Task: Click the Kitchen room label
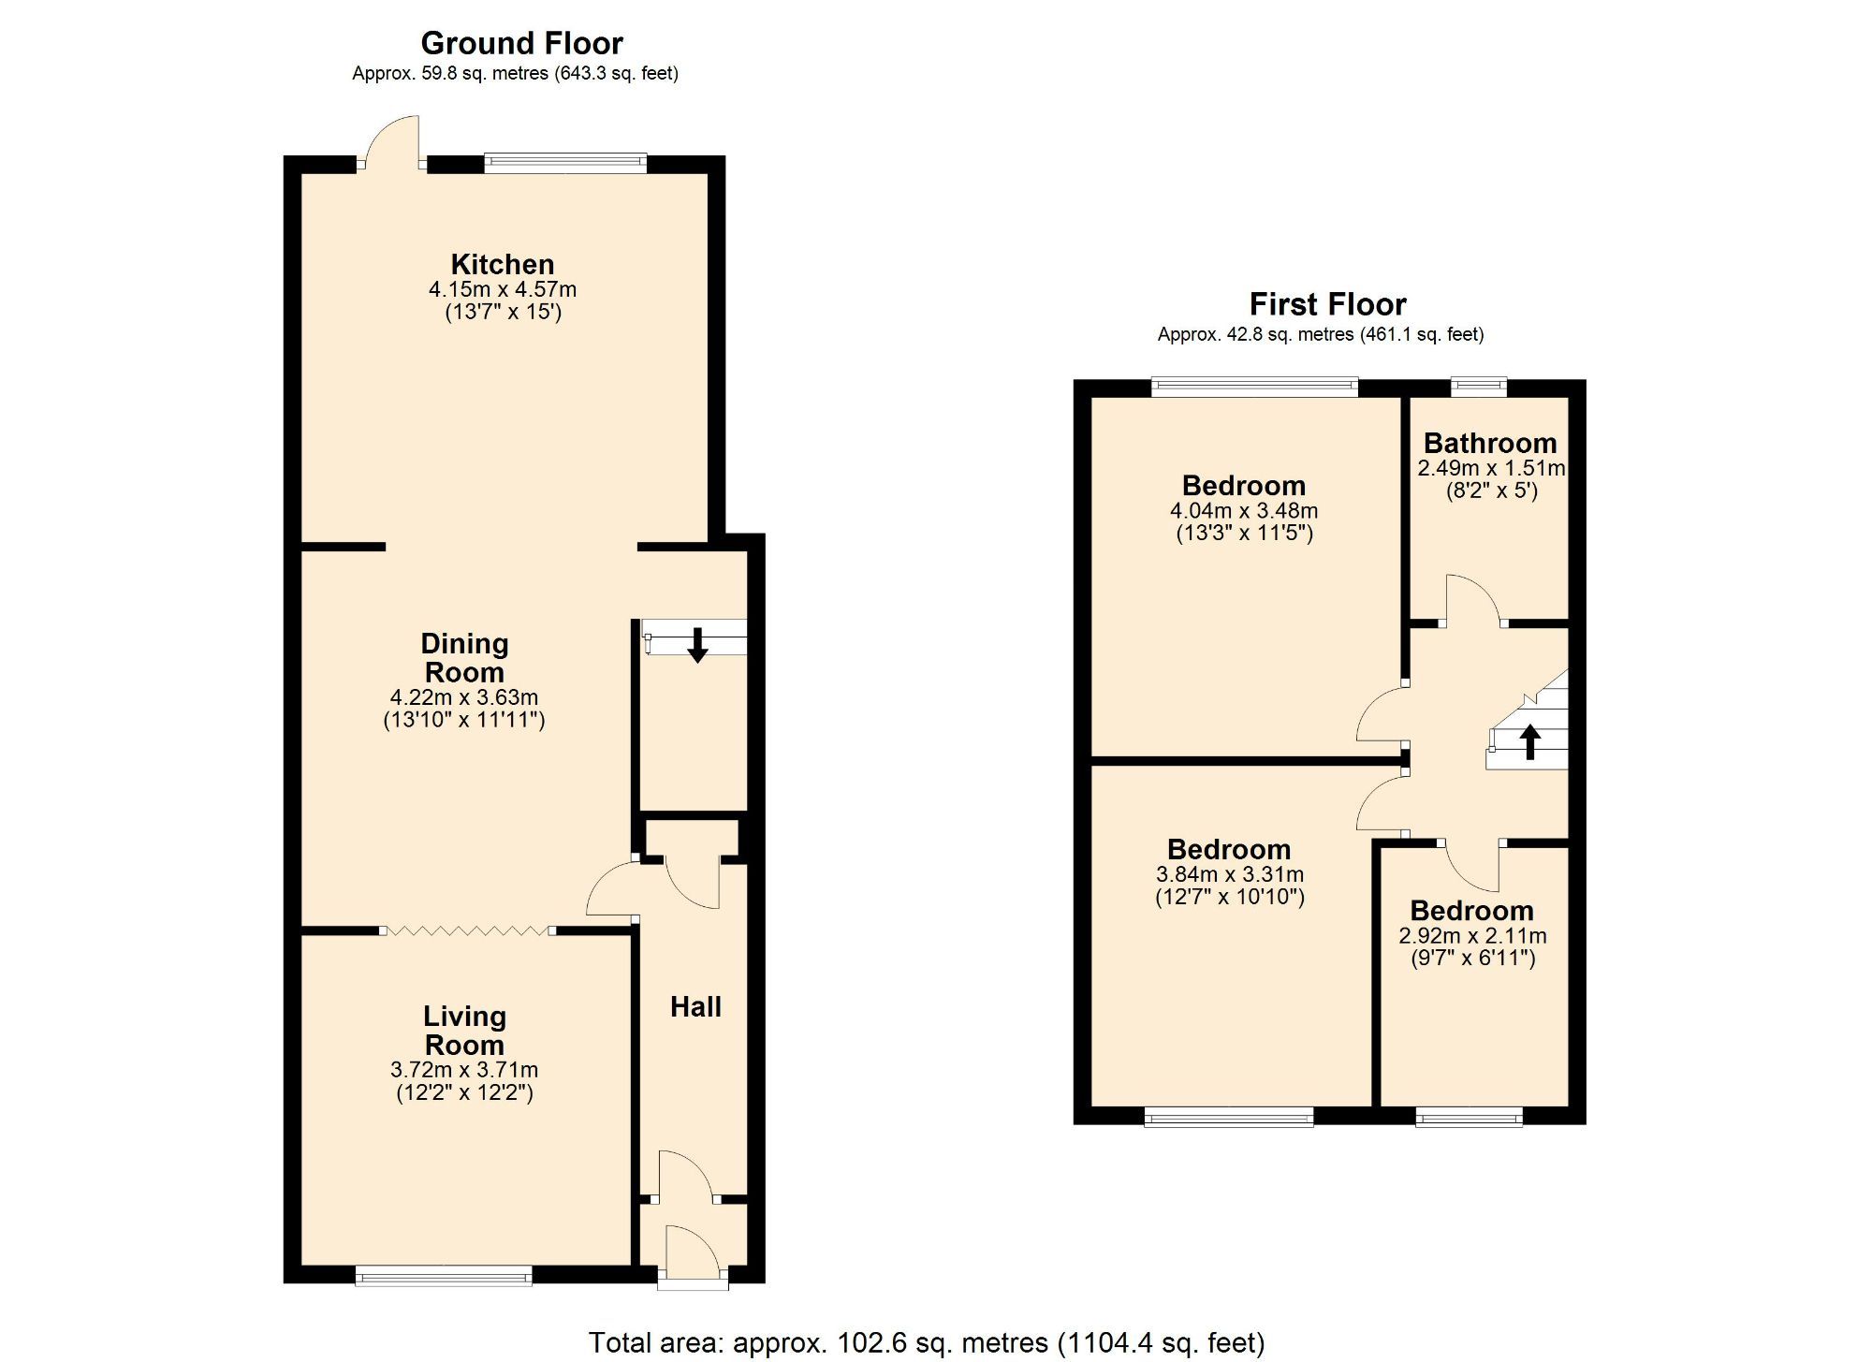coord(503,264)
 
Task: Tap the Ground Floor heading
coord(521,43)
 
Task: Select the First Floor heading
coord(1327,304)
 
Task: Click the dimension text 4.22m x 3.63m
coord(463,697)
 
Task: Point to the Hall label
coord(695,1006)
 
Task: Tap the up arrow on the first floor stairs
coord(1529,741)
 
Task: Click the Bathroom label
coord(1490,443)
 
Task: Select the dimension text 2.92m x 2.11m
coord(1472,935)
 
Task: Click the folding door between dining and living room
coord(466,930)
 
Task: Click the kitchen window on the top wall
coord(565,164)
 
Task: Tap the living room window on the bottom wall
coord(444,1275)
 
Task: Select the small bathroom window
coord(1479,387)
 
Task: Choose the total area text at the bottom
coord(926,1342)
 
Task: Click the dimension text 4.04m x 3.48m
coord(1243,511)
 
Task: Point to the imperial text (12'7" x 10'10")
coord(1229,897)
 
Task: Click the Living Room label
coord(464,1030)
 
